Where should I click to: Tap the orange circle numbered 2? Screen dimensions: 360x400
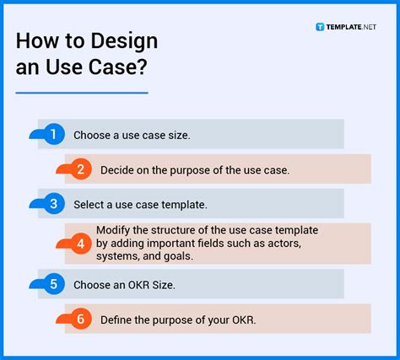(81, 169)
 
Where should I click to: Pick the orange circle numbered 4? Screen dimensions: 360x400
(81, 244)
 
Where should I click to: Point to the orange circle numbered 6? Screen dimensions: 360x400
(81, 320)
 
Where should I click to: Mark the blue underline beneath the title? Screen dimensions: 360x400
(81, 92)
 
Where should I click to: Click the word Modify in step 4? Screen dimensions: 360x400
(113, 230)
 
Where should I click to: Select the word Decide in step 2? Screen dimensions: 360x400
(117, 170)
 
